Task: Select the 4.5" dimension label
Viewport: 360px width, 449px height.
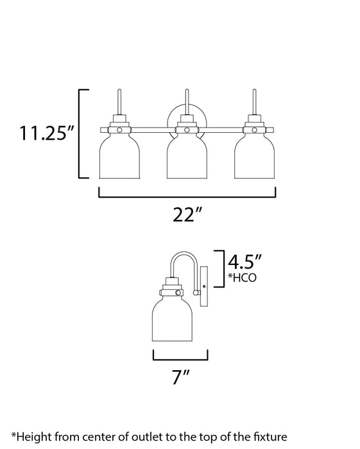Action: coord(246,261)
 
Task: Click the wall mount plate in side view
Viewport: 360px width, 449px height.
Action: coord(205,285)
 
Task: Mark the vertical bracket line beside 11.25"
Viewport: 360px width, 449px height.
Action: coord(80,133)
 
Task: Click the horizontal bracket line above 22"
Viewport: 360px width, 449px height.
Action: coord(187,195)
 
